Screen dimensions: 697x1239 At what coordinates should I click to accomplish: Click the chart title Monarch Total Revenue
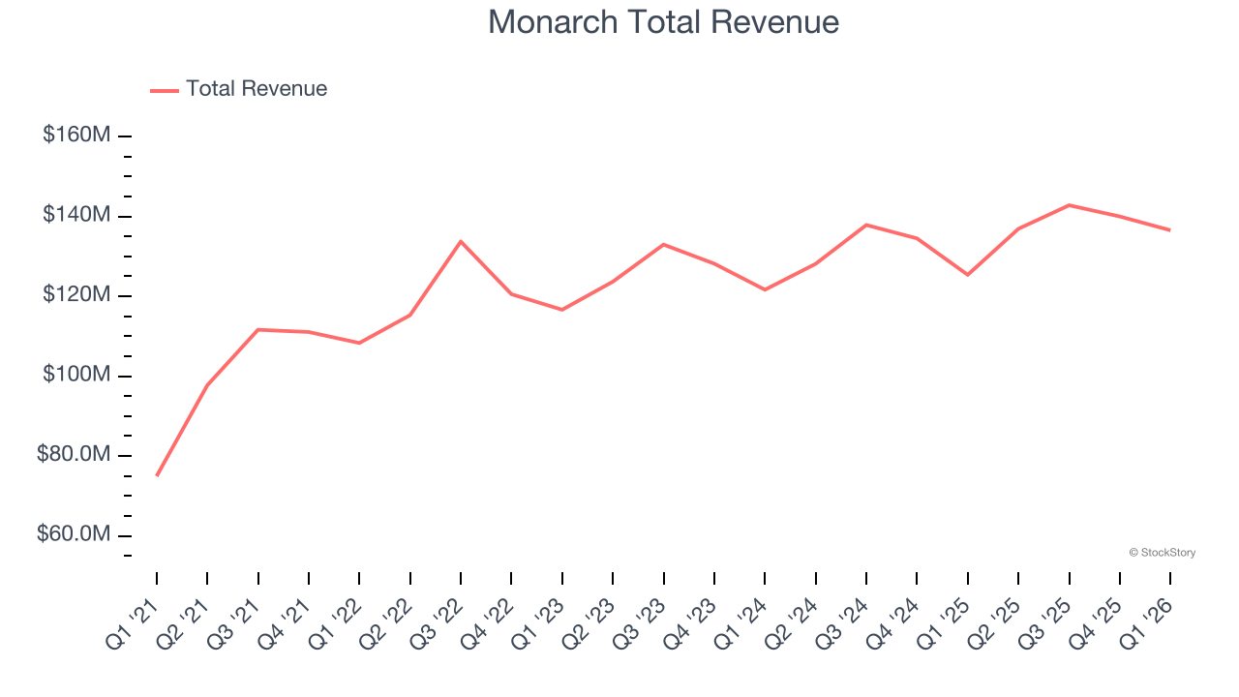[663, 22]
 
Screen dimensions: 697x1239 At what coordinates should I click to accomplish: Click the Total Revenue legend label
[257, 89]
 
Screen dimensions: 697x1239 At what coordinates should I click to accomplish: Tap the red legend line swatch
[165, 90]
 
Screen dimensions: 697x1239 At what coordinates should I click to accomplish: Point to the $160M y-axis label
[76, 136]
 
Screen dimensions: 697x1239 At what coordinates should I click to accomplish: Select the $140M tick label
[76, 215]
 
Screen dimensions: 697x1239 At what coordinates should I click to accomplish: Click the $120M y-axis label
[76, 295]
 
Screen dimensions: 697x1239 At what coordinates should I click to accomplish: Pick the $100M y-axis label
[76, 376]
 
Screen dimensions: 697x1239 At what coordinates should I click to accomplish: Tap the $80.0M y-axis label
[74, 455]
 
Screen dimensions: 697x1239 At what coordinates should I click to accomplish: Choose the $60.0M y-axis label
[74, 535]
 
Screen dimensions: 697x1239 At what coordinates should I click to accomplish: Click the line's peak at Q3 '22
[461, 241]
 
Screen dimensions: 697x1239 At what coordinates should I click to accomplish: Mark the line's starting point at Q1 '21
[157, 475]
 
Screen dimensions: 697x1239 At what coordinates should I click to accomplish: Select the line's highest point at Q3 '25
[1069, 205]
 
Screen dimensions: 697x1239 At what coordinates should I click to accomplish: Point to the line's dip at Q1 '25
[967, 275]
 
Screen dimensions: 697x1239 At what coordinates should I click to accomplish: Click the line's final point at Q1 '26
[1169, 229]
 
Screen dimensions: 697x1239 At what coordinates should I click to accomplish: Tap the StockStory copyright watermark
[1162, 553]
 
